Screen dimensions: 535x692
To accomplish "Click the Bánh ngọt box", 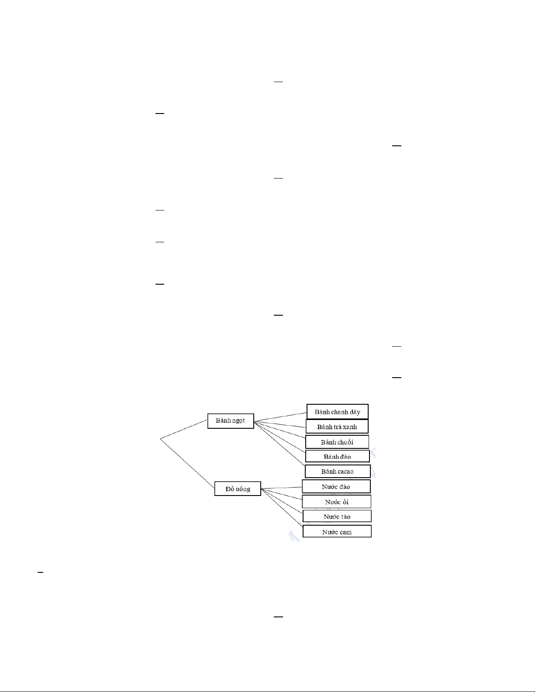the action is [x=231, y=421].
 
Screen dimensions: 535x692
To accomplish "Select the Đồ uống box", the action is [x=238, y=489].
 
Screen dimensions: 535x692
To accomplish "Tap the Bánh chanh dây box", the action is [x=338, y=412].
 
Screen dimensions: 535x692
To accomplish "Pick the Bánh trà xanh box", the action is [x=337, y=427].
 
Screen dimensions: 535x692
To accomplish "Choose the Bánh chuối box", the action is [x=337, y=442].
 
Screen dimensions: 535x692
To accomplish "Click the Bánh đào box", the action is [x=337, y=456].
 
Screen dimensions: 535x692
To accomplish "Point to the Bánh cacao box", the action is [x=338, y=472].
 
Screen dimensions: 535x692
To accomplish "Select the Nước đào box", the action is [x=336, y=486].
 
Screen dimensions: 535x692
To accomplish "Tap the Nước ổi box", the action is [x=337, y=502].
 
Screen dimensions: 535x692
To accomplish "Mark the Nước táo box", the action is [x=337, y=516].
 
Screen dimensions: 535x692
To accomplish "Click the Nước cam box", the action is [x=337, y=531].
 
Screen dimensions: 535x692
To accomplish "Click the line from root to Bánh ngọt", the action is [x=184, y=429].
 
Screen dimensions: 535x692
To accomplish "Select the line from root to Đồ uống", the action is [x=187, y=463].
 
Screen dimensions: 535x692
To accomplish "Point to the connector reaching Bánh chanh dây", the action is [x=280, y=417].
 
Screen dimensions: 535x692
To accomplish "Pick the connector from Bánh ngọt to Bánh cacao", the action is [x=279, y=443].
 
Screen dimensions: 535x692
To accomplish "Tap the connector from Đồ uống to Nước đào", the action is [x=282, y=488].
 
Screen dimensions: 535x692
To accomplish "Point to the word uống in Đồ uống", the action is [x=243, y=489].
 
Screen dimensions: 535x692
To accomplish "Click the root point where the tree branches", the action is [x=160, y=439].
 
